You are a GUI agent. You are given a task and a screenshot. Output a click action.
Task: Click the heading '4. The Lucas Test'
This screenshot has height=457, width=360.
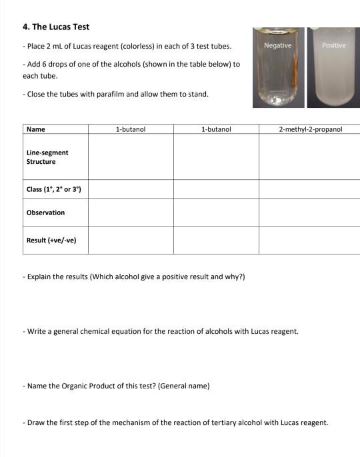click(56, 27)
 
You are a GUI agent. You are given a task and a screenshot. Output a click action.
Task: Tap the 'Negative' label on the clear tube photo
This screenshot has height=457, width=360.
click(277, 45)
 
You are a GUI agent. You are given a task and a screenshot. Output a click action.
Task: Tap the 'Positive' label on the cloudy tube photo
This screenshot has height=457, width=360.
click(333, 45)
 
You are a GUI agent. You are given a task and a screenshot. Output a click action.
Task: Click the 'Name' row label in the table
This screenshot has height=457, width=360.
click(36, 129)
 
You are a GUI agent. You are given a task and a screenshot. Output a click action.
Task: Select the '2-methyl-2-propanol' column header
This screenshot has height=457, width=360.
click(310, 129)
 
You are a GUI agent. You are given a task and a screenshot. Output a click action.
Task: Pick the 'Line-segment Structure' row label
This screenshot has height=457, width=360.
click(47, 157)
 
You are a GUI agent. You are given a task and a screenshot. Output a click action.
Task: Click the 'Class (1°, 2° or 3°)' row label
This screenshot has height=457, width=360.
click(54, 189)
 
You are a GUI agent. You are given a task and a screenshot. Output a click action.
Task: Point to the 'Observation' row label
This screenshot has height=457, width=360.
click(46, 213)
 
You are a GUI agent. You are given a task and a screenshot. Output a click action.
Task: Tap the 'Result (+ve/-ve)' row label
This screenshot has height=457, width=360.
click(51, 240)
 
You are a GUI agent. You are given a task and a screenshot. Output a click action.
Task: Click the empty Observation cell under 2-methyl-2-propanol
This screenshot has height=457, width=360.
click(310, 213)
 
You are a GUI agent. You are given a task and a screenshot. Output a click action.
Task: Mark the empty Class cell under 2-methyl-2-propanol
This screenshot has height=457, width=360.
click(310, 189)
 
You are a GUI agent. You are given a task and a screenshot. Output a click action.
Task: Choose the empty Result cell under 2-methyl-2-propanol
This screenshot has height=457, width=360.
click(310, 240)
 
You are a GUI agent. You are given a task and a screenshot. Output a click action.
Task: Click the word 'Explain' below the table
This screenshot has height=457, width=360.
click(39, 276)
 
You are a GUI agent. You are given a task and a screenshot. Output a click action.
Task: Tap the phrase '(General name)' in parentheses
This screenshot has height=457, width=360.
click(183, 386)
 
